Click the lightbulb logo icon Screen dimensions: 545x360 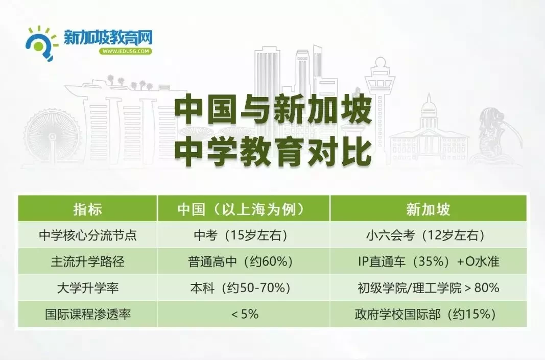point(41,43)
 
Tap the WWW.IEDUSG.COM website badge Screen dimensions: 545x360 point(126,51)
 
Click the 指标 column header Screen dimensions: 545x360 point(87,209)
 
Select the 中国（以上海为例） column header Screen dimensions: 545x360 point(243,209)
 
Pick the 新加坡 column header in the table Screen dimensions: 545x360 point(428,209)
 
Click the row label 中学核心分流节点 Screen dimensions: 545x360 point(87,235)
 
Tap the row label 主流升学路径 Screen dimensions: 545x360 point(87,261)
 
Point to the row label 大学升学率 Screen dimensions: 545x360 point(87,287)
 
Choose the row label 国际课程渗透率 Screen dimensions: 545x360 point(87,314)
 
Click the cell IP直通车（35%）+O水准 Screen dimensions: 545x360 point(428,261)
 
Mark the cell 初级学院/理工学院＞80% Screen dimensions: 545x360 point(428,287)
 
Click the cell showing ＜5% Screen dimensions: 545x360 point(245,314)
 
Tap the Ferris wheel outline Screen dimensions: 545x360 point(52,137)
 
